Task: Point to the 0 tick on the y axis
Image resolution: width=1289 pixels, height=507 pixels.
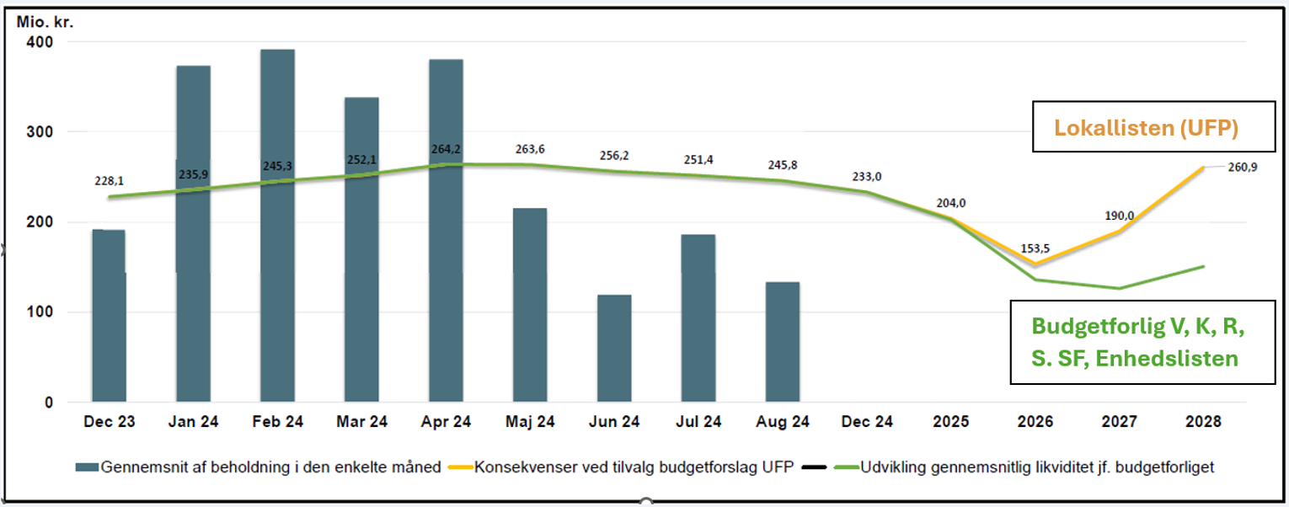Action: click(49, 403)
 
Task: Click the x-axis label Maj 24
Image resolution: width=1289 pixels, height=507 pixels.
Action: click(530, 422)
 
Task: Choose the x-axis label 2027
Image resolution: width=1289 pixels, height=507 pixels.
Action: click(1119, 422)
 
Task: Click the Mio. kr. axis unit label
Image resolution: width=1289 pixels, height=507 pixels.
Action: click(45, 21)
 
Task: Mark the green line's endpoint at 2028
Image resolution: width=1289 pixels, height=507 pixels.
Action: click(1203, 266)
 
